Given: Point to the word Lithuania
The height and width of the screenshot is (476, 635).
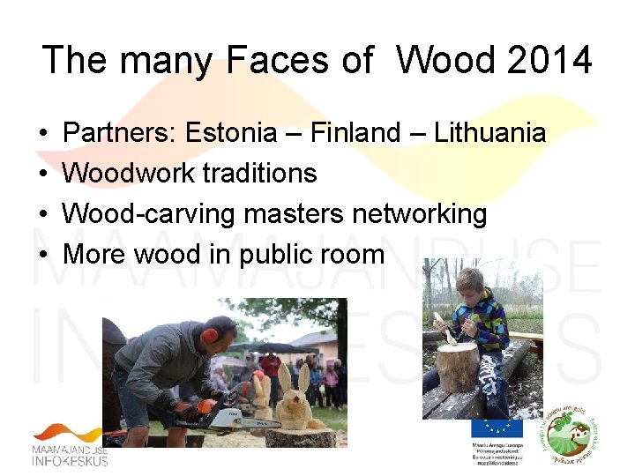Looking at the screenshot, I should pyautogui.click(x=489, y=133).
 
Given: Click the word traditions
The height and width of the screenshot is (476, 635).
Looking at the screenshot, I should pyautogui.click(x=259, y=173).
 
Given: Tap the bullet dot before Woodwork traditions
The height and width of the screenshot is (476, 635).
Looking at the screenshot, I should pyautogui.click(x=43, y=174).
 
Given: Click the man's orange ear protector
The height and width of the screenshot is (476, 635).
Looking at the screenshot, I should pyautogui.click(x=210, y=336).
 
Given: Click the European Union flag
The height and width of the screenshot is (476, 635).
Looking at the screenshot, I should pyautogui.click(x=496, y=428).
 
